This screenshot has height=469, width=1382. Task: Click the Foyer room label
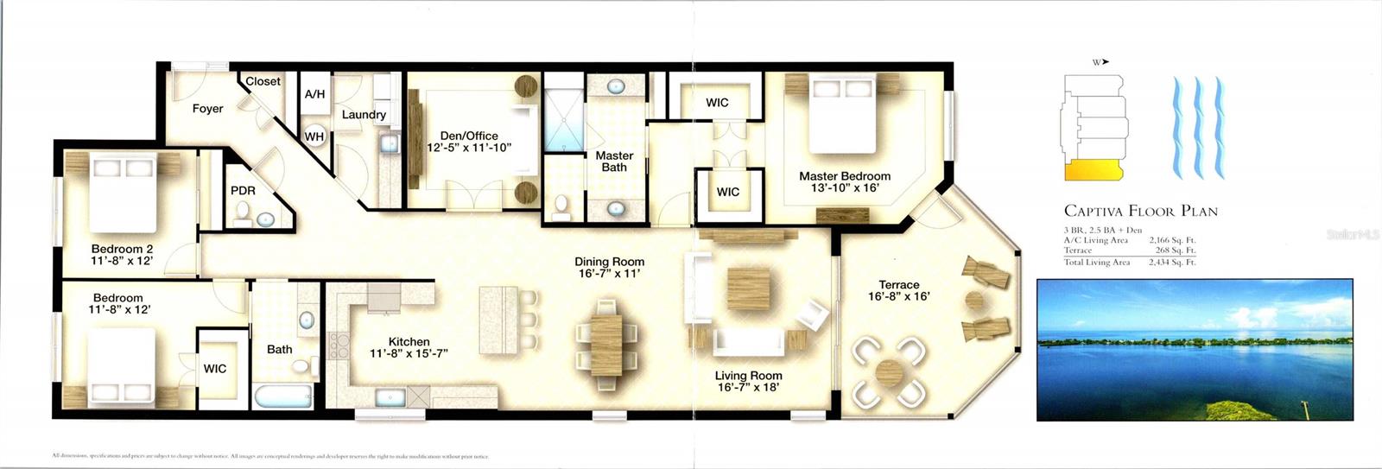pos(207,109)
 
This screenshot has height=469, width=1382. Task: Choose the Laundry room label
pos(364,115)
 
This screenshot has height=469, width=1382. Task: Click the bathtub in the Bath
pos(282,396)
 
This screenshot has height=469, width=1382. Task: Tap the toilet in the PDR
pos(244,212)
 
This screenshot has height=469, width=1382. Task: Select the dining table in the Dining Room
pos(606,334)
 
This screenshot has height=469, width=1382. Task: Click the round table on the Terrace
pos(889,373)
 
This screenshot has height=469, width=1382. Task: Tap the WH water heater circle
pos(314,136)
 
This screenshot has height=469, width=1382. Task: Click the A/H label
pos(314,93)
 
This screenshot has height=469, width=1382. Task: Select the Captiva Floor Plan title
pos(1140,211)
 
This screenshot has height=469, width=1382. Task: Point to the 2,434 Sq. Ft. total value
pos(1171,262)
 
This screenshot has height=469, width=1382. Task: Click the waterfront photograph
pos(1195,349)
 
